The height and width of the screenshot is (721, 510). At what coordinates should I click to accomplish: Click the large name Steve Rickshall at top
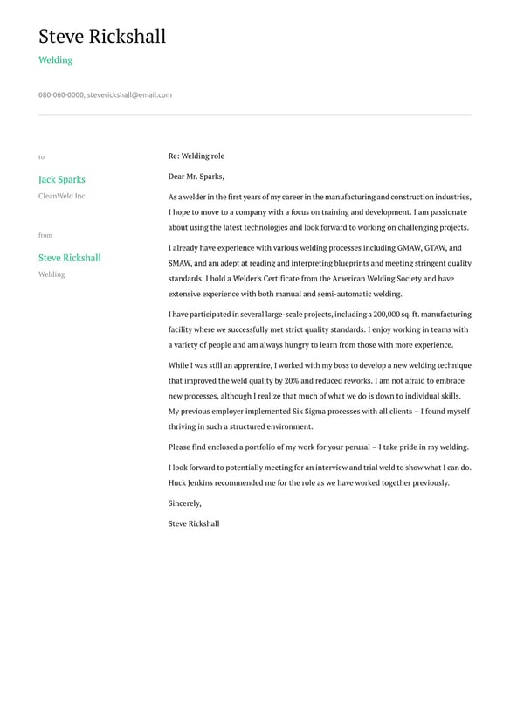click(102, 37)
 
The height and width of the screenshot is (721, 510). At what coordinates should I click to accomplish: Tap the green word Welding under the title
click(55, 60)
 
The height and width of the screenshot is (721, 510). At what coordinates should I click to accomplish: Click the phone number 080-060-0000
click(60, 94)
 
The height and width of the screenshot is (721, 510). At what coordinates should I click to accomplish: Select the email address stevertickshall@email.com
click(129, 94)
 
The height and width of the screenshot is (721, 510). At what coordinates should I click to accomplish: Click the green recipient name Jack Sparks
click(62, 179)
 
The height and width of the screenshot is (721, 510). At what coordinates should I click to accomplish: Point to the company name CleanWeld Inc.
click(63, 196)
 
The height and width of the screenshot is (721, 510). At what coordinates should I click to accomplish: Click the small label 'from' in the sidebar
click(45, 235)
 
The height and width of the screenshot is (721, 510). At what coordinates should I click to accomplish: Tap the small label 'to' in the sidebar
click(41, 157)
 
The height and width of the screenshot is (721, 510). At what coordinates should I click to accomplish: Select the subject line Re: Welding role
click(196, 156)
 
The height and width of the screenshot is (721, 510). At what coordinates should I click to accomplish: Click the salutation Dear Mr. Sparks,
click(196, 176)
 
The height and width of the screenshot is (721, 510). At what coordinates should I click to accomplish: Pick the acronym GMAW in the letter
click(404, 247)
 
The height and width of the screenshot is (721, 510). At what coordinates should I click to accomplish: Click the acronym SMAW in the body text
click(180, 263)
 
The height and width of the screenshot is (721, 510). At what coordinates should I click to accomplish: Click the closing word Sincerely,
click(185, 503)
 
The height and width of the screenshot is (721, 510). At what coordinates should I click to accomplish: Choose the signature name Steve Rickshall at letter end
click(194, 523)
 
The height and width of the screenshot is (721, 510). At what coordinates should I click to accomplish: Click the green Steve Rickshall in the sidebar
click(70, 258)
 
